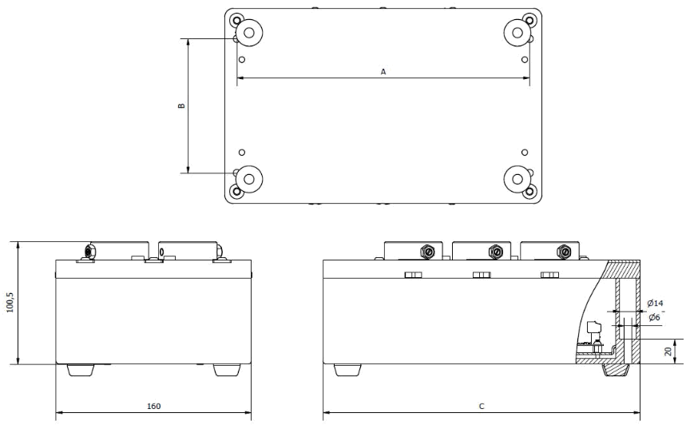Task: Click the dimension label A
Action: pos(383,72)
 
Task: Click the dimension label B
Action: pos(181,105)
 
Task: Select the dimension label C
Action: pos(481,407)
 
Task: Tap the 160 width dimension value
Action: pos(153,407)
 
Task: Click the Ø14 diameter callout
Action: pos(655,304)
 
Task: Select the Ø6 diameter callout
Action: pos(654,318)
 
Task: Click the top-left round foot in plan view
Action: pos(249,33)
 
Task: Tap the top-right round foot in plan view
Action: pos(517,33)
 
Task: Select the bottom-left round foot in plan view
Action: pos(249,177)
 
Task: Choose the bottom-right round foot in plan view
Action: pos(517,177)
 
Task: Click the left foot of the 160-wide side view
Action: pos(78,371)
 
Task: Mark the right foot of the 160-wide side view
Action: pos(227,371)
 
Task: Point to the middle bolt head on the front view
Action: pos(481,276)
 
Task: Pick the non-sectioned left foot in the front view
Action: pos(345,371)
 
